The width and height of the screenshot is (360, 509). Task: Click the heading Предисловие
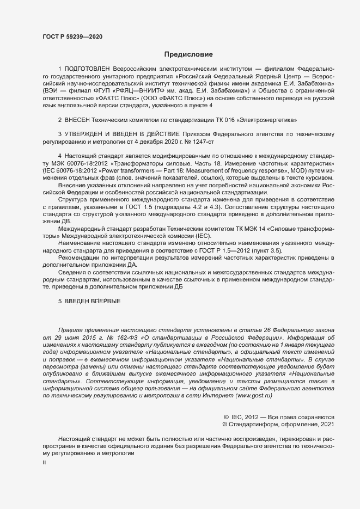pos(188,54)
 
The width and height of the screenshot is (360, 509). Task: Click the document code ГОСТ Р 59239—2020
pos(72,36)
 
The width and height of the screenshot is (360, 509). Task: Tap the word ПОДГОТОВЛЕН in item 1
pos(87,70)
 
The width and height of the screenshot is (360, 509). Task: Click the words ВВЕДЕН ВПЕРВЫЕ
pos(92,302)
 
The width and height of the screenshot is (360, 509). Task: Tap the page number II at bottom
pos(44,462)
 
